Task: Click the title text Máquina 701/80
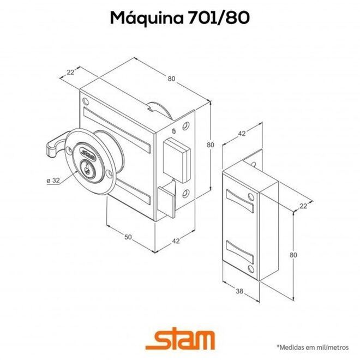(x=180, y=17)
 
